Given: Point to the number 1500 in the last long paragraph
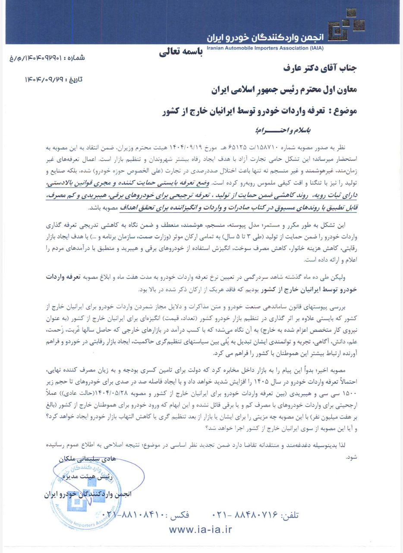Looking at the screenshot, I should (349, 392).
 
